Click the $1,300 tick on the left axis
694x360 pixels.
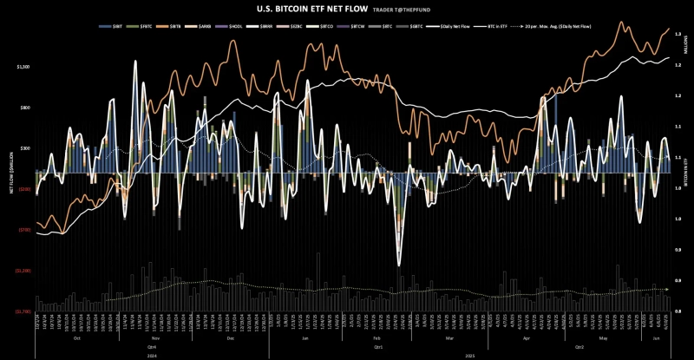(x=23, y=66)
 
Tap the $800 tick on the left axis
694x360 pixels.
(x=25, y=108)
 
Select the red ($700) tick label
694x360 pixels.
(x=24, y=230)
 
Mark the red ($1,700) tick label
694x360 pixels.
(x=23, y=311)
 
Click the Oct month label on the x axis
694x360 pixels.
(x=76, y=337)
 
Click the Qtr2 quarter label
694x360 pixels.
(x=579, y=345)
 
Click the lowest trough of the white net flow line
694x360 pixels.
(x=399, y=265)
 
